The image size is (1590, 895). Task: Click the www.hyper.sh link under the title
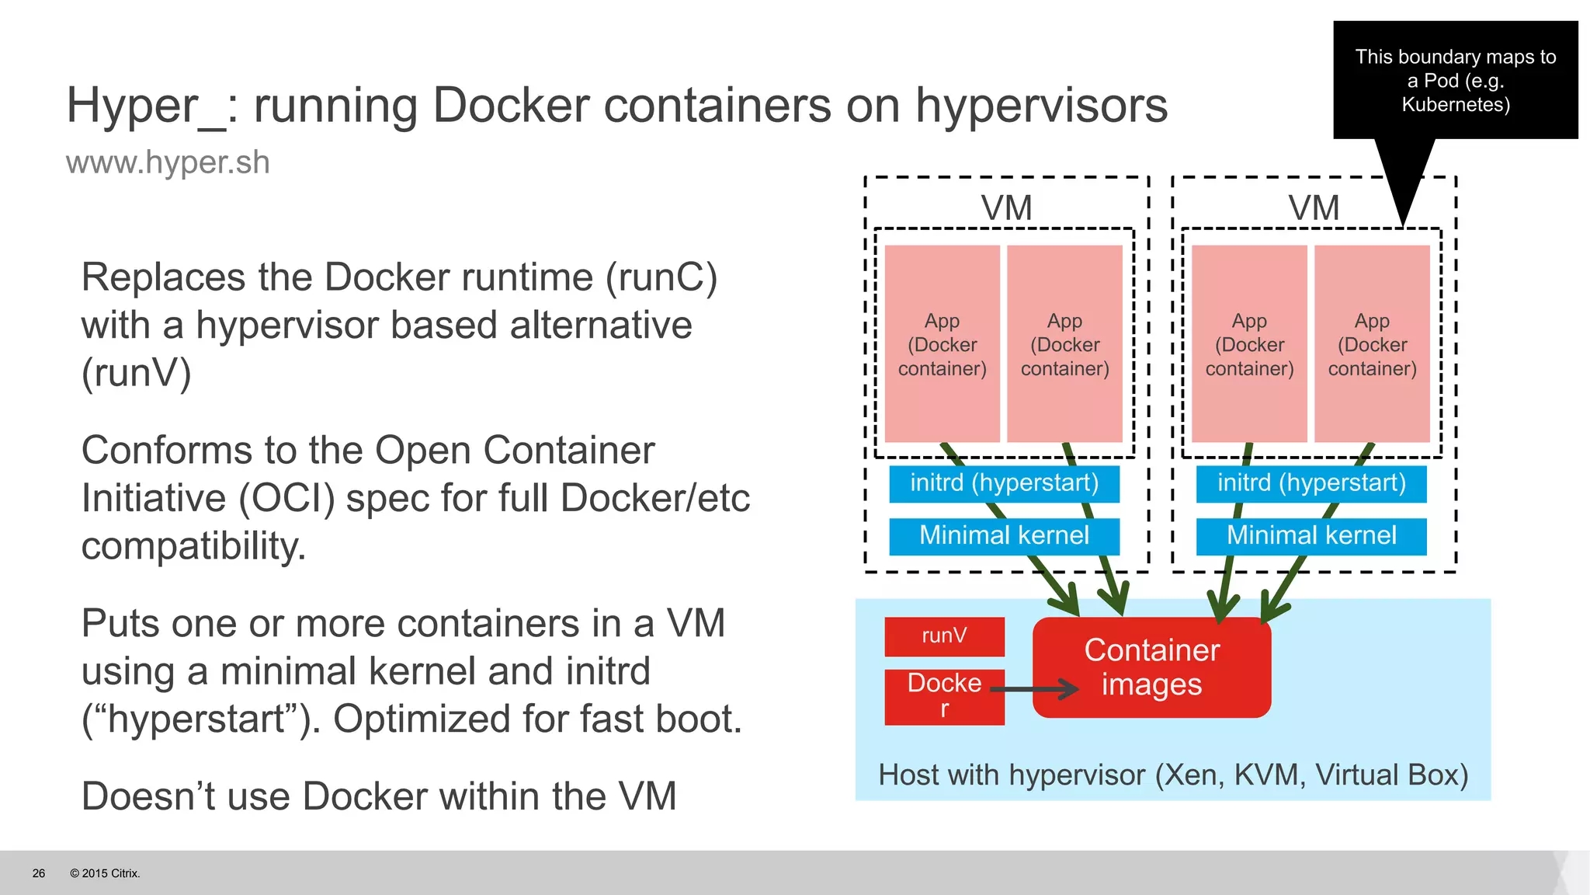pos(168,163)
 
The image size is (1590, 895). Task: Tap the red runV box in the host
pos(944,636)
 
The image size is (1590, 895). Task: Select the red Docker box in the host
pos(944,696)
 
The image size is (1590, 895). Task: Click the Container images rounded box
pos(1151,667)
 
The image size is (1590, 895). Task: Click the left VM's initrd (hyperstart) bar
pos(1004,483)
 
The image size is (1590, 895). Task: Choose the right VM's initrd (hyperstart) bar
pos(1311,483)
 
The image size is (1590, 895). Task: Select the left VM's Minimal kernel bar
pos(1004,536)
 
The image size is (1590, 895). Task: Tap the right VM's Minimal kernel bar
pos(1311,536)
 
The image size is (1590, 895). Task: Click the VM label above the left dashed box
pos(1006,208)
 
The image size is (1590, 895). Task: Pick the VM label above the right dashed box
pos(1314,208)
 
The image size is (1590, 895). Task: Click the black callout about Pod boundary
pos(1455,80)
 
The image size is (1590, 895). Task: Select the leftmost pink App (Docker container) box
pos(943,344)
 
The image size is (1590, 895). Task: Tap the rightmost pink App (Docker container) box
pos(1372,344)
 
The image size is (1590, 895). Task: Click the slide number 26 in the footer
pos(39,873)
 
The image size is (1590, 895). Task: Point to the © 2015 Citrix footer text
pos(105,873)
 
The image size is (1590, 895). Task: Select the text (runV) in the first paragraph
pos(137,373)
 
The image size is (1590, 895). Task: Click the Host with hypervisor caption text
pos(1172,775)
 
